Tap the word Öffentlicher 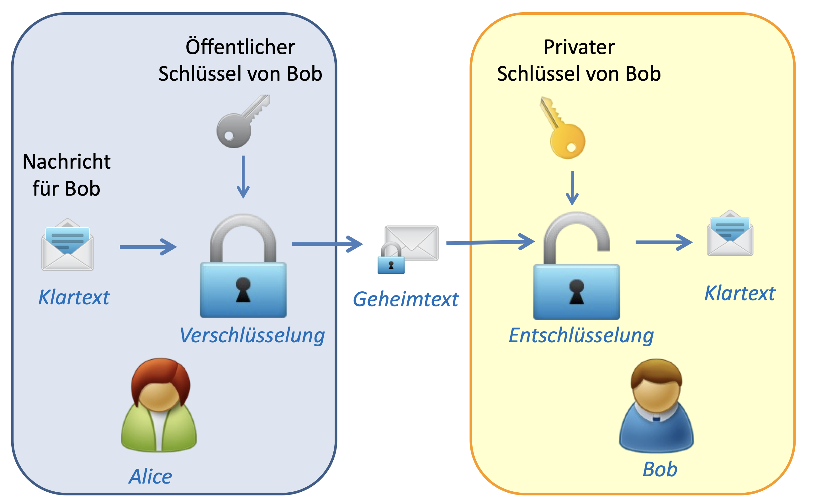coord(240,47)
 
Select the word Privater coord(579,47)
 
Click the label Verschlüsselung coord(252,335)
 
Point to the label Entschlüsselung coord(581,335)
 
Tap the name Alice coord(150,476)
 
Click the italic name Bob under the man coord(660,469)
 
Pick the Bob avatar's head coord(656,386)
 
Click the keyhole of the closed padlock coord(243,289)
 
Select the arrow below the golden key coord(572,188)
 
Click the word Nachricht coord(66,162)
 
